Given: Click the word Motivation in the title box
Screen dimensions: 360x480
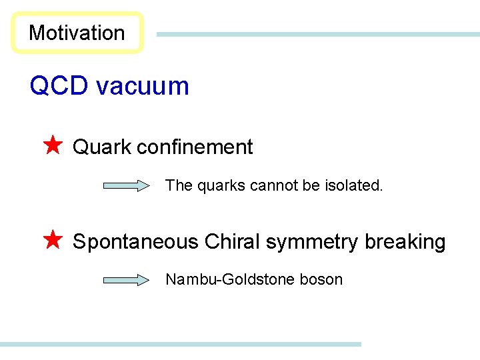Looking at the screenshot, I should (77, 33).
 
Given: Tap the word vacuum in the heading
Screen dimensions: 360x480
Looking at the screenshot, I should (142, 86).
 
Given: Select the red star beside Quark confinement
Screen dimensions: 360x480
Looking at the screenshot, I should (52, 145).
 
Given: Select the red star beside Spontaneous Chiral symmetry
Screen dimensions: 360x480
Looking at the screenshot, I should (52, 240).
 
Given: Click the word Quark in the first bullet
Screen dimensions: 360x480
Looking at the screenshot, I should (102, 147).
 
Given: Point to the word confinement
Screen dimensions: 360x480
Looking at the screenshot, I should (195, 147).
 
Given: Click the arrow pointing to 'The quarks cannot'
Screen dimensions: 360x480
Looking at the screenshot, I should (127, 186).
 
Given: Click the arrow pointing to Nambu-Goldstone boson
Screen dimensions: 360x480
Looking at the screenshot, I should (127, 280).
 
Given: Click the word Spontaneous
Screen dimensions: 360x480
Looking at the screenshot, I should (135, 242).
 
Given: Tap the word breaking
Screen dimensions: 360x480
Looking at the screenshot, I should (405, 242).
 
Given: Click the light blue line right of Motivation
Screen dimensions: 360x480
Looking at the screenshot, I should (317, 34).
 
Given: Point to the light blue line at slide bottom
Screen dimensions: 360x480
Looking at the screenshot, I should (180, 344).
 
